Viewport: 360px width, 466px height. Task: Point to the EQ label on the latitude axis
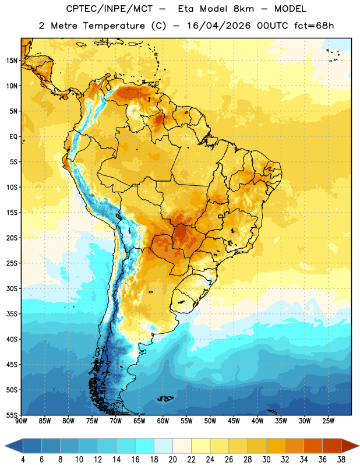click(x=13, y=137)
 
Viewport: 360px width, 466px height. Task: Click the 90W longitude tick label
click(x=21, y=421)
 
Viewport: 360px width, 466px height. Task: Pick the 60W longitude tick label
click(x=163, y=421)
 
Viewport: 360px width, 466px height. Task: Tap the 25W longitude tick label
click(x=328, y=421)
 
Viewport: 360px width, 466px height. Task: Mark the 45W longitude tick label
click(x=234, y=421)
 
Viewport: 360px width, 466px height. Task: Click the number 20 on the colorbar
click(x=172, y=460)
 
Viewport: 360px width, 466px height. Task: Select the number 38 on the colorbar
click(x=341, y=460)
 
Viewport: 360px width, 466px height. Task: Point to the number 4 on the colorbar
click(x=23, y=460)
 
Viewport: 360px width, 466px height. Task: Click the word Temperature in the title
click(x=114, y=26)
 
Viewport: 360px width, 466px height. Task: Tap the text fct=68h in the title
click(x=314, y=26)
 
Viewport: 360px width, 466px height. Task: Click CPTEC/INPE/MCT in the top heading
click(x=110, y=9)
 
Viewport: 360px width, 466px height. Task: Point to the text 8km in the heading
click(x=243, y=9)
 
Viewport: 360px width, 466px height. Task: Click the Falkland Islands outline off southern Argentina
click(x=165, y=398)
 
